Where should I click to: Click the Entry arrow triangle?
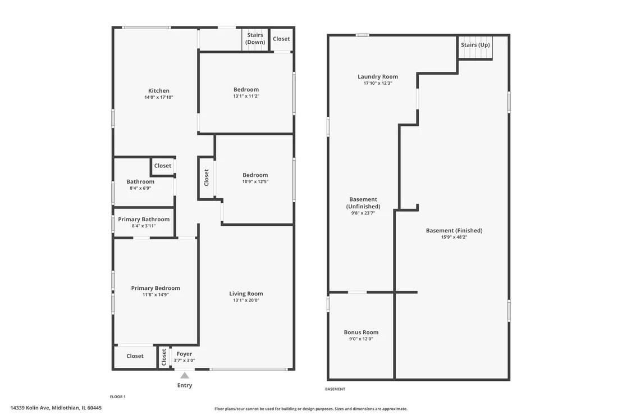click(x=185, y=375)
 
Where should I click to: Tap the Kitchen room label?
click(x=159, y=91)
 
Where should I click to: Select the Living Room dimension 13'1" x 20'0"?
click(x=246, y=300)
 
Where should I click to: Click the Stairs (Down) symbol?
click(x=255, y=39)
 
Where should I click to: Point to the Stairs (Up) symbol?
click(x=475, y=48)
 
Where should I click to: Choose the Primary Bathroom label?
click(x=144, y=220)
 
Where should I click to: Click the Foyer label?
click(x=185, y=354)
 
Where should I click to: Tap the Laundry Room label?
click(x=378, y=76)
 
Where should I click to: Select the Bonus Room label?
click(x=361, y=332)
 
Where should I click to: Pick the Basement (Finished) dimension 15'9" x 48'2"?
click(x=454, y=237)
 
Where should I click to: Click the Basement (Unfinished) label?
click(x=363, y=203)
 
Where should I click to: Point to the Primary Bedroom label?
click(x=155, y=288)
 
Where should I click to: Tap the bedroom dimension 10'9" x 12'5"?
click(x=255, y=182)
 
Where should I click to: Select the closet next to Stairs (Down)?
click(x=281, y=39)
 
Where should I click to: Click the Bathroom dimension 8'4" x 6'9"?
click(x=140, y=188)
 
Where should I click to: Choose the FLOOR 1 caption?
click(x=118, y=397)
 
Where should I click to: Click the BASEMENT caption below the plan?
click(x=335, y=389)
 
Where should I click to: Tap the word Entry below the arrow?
click(x=185, y=385)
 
